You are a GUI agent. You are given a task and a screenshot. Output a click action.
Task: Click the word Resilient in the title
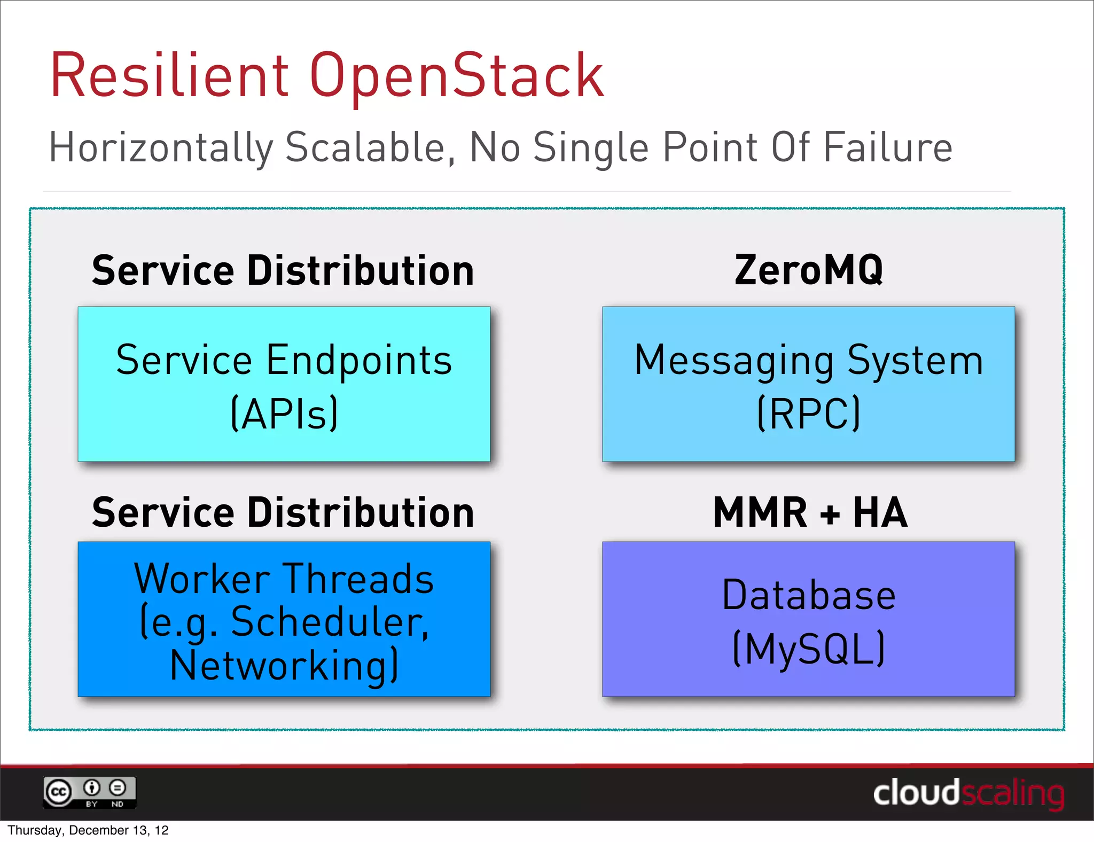[x=170, y=76]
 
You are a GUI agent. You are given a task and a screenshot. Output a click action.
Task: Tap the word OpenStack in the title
[x=457, y=76]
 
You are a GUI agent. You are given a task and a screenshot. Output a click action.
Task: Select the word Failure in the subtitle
[x=887, y=147]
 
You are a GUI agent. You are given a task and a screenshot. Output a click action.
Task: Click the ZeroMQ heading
[x=809, y=270]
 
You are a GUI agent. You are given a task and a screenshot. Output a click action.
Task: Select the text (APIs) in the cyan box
[x=284, y=413]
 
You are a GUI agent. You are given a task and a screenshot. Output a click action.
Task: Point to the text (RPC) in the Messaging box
[x=809, y=413]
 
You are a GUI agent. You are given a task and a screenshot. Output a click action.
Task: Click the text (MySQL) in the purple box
[x=809, y=649]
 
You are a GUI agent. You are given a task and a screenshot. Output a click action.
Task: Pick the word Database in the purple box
[x=809, y=595]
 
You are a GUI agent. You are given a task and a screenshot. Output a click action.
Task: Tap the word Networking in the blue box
[x=278, y=666]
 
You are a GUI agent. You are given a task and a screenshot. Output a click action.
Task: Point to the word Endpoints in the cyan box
[x=359, y=360]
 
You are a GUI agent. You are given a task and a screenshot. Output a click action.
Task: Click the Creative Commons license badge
[x=90, y=792]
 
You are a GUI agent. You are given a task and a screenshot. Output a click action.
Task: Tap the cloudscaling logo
[x=968, y=793]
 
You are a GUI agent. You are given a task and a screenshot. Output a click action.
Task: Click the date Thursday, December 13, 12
[x=88, y=830]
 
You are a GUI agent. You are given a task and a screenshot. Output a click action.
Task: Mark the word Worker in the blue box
[x=202, y=579]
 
